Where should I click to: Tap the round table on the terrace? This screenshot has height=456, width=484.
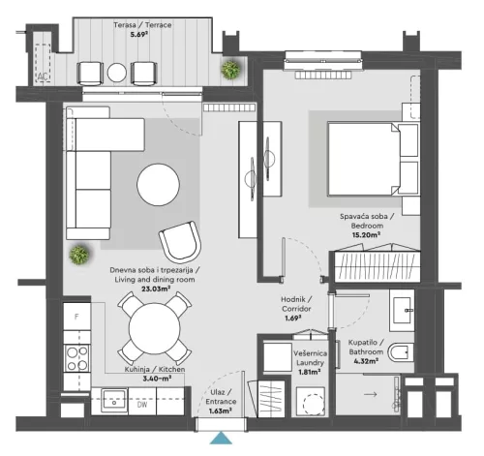pyautogui.click(x=117, y=73)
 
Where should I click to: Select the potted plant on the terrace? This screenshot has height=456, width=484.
pyautogui.click(x=231, y=69)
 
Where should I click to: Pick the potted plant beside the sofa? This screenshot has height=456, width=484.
pyautogui.click(x=76, y=256)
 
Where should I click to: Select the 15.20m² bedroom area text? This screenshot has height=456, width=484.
pyautogui.click(x=364, y=232)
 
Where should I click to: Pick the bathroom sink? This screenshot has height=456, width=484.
pyautogui.click(x=405, y=311)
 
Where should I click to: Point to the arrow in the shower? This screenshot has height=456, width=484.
pyautogui.click(x=369, y=395)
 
